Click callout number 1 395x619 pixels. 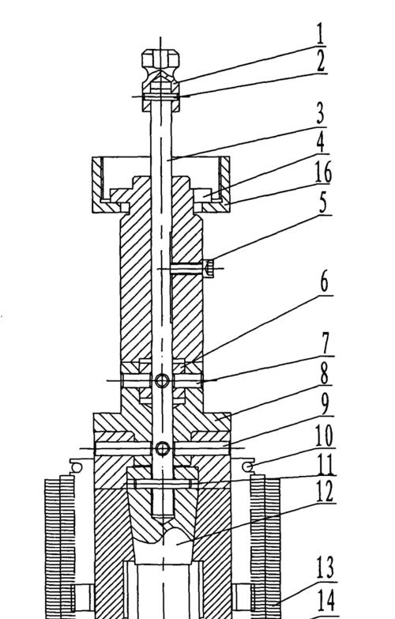point(321,34)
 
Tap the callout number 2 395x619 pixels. point(322,61)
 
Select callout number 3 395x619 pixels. point(321,113)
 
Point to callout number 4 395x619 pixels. point(322,142)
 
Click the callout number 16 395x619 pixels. point(323,172)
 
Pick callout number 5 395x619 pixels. point(324,203)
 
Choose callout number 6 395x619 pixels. point(325,282)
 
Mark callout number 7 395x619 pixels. point(325,343)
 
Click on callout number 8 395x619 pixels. point(325,373)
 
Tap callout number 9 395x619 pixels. point(325,404)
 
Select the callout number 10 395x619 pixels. point(325,436)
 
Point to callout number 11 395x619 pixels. point(326,465)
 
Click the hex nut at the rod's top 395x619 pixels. point(160,59)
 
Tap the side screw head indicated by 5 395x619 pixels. point(209,269)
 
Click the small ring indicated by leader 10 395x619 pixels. point(249,466)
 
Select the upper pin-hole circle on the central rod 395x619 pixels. point(162,381)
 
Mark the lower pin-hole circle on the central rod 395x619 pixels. point(163,448)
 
